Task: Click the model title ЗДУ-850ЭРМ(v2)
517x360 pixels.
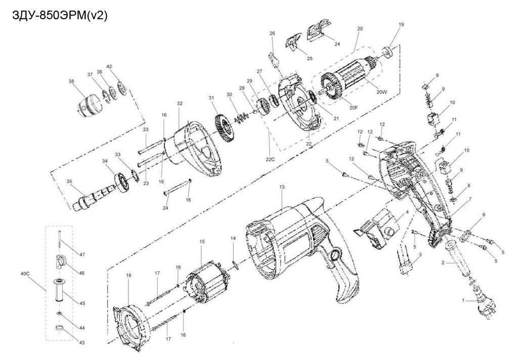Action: tap(60, 16)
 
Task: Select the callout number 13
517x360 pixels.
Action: tap(282, 187)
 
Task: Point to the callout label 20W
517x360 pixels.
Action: tap(381, 92)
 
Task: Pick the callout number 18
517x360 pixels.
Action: tap(128, 275)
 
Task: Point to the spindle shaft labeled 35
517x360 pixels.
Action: tap(96, 197)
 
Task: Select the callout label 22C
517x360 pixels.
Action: tap(270, 160)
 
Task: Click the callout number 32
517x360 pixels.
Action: tap(180, 104)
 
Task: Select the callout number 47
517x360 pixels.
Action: tap(82, 254)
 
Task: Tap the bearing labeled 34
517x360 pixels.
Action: tap(122, 182)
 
